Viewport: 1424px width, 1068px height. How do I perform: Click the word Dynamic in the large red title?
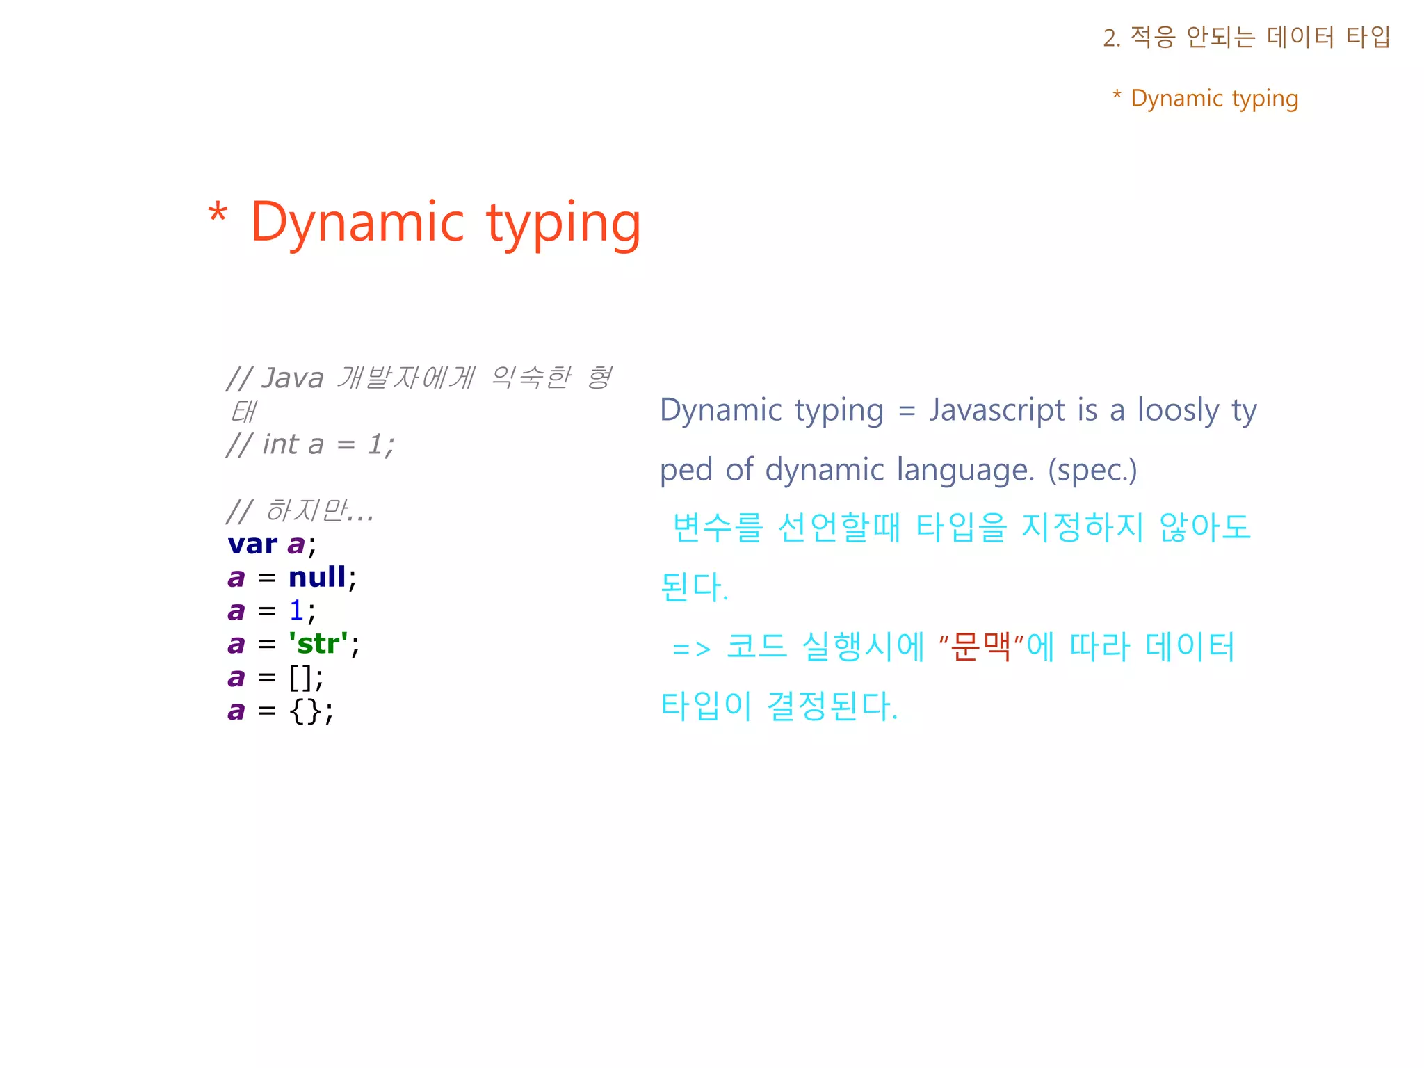point(357,222)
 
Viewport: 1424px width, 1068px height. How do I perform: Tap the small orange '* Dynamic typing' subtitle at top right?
point(1205,99)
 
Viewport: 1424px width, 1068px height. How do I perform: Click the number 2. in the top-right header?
point(1111,38)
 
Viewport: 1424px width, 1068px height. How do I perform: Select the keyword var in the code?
point(252,544)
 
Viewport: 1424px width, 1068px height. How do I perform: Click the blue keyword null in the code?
point(317,577)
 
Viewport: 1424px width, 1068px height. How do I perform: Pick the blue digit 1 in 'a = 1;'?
point(296,610)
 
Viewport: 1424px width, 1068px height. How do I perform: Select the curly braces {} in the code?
point(305,711)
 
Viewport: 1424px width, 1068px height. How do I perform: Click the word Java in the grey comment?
point(293,379)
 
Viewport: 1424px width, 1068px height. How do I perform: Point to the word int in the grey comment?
point(280,445)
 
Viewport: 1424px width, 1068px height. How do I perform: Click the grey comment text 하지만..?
point(306,511)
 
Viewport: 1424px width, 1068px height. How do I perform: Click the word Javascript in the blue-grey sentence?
point(996,410)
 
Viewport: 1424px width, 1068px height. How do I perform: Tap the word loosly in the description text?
point(1177,410)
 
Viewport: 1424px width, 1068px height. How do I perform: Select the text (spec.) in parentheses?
point(1092,470)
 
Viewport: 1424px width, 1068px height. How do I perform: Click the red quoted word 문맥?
point(980,647)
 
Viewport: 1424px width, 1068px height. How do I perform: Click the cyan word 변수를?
point(718,528)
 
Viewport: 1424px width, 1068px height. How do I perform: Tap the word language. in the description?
point(965,470)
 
